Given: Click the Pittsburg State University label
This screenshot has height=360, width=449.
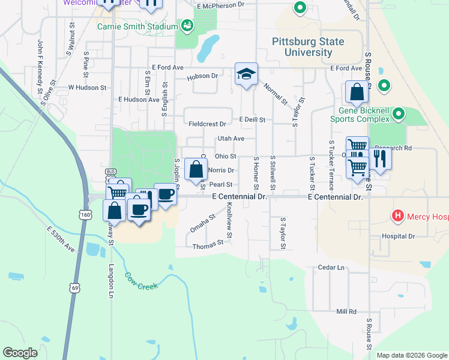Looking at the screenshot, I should pos(308,47).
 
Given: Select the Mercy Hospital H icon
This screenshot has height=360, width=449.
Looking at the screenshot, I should pos(397,215).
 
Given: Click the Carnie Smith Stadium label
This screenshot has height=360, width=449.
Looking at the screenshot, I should pos(138,27).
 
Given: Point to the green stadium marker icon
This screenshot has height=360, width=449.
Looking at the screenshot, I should pos(187,26).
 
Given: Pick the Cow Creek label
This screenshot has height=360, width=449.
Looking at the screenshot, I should pos(141,281).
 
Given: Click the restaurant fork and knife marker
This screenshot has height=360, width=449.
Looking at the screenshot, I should pos(381,159).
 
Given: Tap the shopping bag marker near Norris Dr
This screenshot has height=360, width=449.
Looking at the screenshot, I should pos(196,170).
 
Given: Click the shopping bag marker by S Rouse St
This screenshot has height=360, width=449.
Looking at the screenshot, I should pos(357,93).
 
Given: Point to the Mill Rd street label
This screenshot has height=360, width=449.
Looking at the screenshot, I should pos(346,311).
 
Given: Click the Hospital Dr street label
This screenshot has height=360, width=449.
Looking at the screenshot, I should pos(399,236).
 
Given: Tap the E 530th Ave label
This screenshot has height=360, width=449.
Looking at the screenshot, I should pos(60,239).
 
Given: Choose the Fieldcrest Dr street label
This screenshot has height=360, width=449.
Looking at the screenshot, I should pos(207,124).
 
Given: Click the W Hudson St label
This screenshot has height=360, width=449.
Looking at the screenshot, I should pos(87,87).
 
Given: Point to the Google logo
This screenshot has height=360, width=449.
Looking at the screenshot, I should pos(20,353).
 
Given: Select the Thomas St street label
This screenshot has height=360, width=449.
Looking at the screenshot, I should pos(208,245).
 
